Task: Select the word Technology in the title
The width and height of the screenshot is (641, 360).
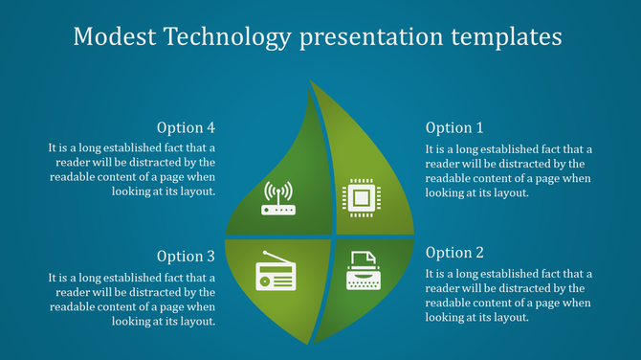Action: pyautogui.click(x=229, y=38)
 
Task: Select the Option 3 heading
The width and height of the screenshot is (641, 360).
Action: pyautogui.click(x=186, y=256)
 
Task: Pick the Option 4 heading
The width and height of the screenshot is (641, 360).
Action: pyautogui.click(x=186, y=127)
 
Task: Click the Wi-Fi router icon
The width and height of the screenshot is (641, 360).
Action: pyautogui.click(x=279, y=198)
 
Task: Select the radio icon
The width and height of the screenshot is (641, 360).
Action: pyautogui.click(x=276, y=273)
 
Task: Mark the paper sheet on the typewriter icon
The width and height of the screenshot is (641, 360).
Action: pyautogui.click(x=361, y=259)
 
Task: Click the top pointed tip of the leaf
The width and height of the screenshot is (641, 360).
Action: pyautogui.click(x=310, y=82)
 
